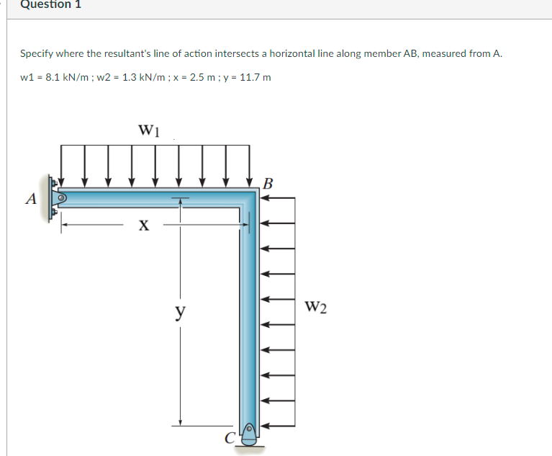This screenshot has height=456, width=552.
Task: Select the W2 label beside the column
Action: [x=315, y=308]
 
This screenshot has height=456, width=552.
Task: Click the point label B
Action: [x=268, y=182]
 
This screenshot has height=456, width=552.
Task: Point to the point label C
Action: [x=229, y=436]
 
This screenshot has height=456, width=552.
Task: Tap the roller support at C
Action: [x=249, y=435]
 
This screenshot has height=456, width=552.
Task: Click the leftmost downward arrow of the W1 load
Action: [x=63, y=166]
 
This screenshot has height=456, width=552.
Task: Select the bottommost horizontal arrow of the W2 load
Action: [x=277, y=426]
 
